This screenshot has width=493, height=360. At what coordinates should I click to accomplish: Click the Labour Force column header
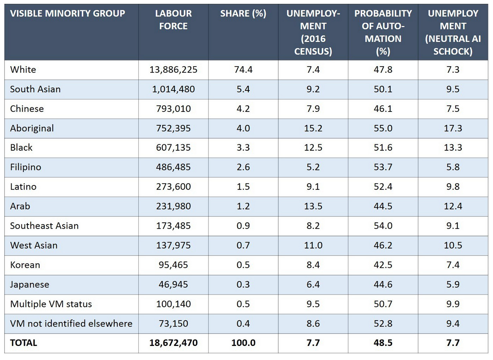pyautogui.click(x=173, y=20)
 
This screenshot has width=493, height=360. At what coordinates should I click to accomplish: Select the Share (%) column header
pyautogui.click(x=243, y=13)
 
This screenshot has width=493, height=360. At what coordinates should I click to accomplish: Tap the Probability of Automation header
pyautogui.click(x=383, y=32)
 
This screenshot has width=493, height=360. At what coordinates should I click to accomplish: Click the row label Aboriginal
pyautogui.click(x=32, y=128)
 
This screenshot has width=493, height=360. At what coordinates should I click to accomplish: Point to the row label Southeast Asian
pyautogui.click(x=44, y=226)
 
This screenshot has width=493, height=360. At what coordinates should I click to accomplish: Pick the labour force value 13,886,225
pyautogui.click(x=173, y=70)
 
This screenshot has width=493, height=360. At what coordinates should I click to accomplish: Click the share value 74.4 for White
pyautogui.click(x=243, y=70)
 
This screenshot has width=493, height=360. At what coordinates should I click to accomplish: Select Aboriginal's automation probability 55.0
pyautogui.click(x=383, y=128)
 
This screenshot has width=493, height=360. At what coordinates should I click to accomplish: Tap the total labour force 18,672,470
pyautogui.click(x=173, y=343)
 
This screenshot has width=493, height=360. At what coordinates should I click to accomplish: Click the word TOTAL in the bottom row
pyautogui.click(x=24, y=343)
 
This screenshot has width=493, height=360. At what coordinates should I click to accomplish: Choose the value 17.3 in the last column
pyautogui.click(x=453, y=128)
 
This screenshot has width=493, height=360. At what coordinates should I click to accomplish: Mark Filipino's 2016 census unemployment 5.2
pyautogui.click(x=313, y=167)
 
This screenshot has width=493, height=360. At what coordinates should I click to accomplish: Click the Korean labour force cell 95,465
pyautogui.click(x=173, y=265)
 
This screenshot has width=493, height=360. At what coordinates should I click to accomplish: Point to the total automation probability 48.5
pyautogui.click(x=383, y=343)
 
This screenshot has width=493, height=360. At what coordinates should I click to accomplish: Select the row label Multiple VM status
pyautogui.click(x=51, y=304)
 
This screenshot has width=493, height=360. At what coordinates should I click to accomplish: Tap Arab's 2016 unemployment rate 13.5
pyautogui.click(x=313, y=206)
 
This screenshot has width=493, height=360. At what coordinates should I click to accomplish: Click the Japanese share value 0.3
pyautogui.click(x=243, y=284)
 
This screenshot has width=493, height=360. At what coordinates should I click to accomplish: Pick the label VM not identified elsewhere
pyautogui.click(x=71, y=324)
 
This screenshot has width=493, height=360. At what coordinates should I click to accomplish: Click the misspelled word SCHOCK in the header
pyautogui.click(x=453, y=51)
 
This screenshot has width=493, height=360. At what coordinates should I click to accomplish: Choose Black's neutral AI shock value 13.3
pyautogui.click(x=453, y=148)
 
